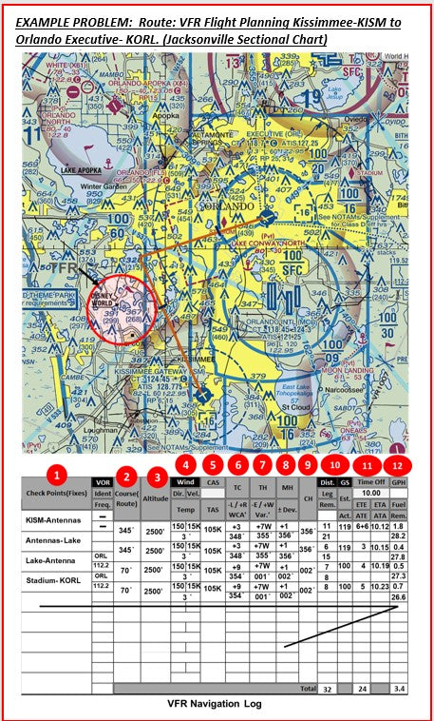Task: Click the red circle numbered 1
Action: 59,472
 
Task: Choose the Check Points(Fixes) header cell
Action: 55,492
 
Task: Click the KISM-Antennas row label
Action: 54,521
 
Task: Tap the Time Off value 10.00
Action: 371,494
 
